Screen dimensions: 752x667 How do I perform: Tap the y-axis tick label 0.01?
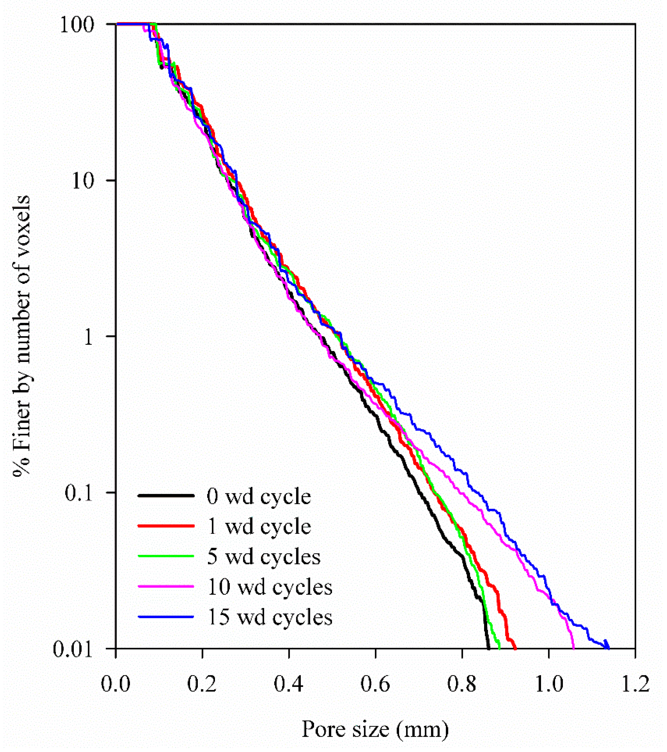coord(76,649)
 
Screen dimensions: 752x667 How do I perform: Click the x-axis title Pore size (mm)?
coord(376,729)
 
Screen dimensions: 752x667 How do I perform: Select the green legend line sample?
coord(166,556)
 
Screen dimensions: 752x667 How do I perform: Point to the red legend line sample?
coord(166,526)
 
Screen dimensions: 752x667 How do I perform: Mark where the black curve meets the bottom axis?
coord(488,648)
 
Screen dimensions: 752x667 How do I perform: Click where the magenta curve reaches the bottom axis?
coord(573,648)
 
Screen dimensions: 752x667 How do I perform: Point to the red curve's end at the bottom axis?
coord(515,648)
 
